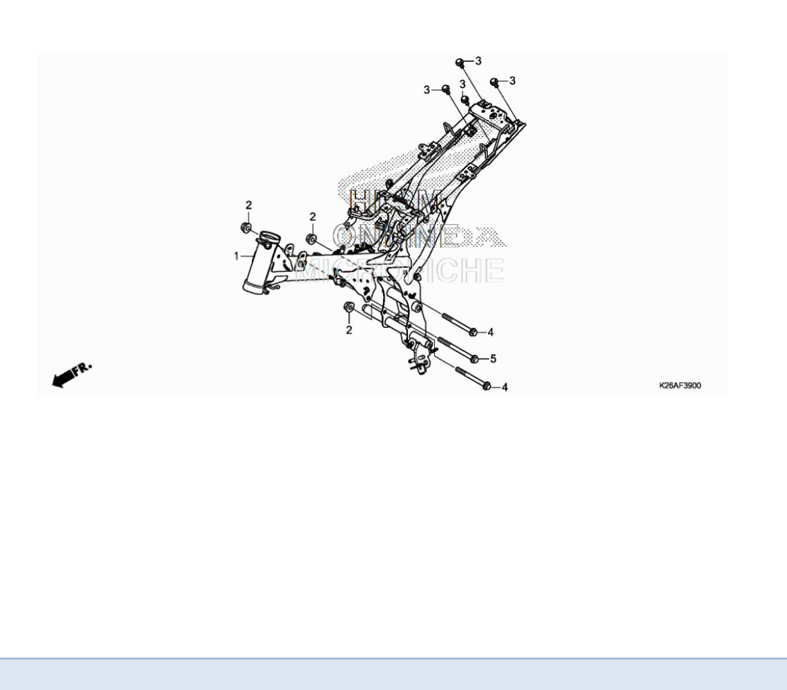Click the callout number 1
[x=236, y=256]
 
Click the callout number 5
[x=493, y=359]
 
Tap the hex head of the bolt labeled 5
[x=475, y=358]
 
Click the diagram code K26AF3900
[x=680, y=386]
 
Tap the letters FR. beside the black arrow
[x=83, y=368]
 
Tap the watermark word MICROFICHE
[x=400, y=271]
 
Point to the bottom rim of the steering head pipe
[x=254, y=288]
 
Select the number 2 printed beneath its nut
[x=349, y=330]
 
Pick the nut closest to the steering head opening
[x=247, y=228]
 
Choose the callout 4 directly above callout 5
[x=491, y=332]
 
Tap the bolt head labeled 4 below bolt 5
[x=487, y=386]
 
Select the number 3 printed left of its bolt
[x=426, y=90]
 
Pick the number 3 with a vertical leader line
[x=463, y=83]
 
